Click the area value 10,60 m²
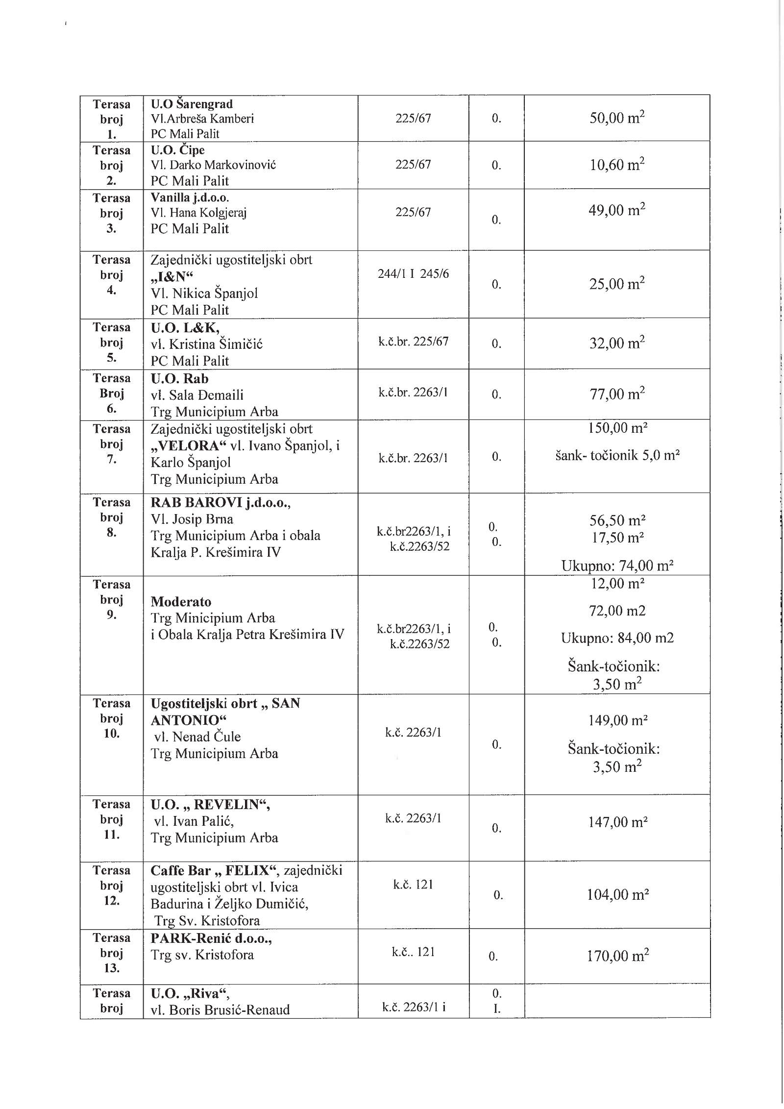pyautogui.click(x=616, y=165)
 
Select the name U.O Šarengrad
pyautogui.click(x=192, y=104)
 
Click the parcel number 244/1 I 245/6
pyautogui.click(x=413, y=273)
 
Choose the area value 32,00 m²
pyautogui.click(x=616, y=343)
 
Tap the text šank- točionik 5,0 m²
pyautogui.click(x=617, y=455)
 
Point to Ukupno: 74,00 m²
pyautogui.click(x=617, y=566)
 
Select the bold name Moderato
pyautogui.click(x=181, y=601)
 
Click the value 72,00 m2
pyautogui.click(x=617, y=611)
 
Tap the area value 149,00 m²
pyautogui.click(x=617, y=720)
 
